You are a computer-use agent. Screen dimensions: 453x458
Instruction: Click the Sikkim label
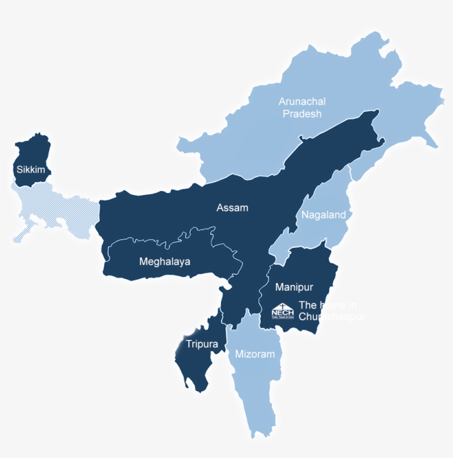31,169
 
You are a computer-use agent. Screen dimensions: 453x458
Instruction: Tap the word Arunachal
302,102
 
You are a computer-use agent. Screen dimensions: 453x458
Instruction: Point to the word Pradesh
302,114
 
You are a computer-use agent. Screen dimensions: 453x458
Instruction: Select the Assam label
233,208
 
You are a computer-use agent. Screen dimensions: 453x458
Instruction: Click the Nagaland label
324,215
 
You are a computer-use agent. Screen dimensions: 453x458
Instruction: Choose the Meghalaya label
165,262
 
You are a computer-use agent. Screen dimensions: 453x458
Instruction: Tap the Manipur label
294,287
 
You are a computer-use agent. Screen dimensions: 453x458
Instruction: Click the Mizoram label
255,354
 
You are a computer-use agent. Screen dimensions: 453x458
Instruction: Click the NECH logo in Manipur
282,311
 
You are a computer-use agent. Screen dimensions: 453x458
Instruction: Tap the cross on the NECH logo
282,306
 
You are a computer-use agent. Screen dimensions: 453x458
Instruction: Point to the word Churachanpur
331,317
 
